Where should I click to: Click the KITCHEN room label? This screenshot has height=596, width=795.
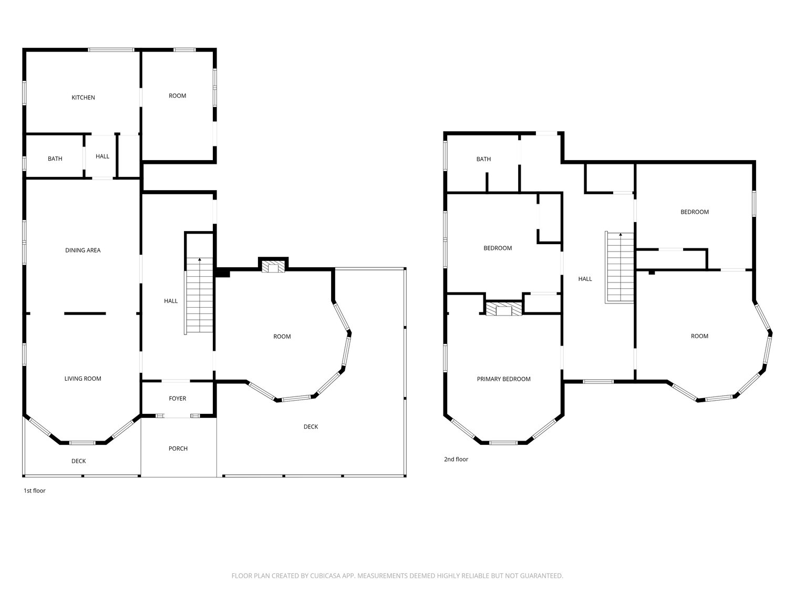84,97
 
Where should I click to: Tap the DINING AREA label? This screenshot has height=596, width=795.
83,250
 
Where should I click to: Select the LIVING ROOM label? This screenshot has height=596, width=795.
83,379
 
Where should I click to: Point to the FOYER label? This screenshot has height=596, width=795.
178,399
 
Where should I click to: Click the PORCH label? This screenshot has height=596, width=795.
178,448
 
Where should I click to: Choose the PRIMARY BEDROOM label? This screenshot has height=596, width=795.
504,379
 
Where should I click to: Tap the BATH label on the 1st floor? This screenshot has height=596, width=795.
55,159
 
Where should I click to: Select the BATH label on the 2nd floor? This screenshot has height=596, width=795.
484,159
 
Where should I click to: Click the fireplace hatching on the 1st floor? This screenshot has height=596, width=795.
273,268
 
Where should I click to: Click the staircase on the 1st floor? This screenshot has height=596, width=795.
199,295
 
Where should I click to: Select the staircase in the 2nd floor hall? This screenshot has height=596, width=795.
620,267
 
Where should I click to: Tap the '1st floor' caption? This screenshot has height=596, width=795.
35,490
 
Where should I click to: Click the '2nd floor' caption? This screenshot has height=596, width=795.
457,459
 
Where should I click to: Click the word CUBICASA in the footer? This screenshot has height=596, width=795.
324,576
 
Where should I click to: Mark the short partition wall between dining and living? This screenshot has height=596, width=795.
85,313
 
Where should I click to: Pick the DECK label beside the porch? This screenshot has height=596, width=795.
311,426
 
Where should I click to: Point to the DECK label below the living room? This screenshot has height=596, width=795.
79,461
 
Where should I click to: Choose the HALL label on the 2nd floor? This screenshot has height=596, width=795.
585,279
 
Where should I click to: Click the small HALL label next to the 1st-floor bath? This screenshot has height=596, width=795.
102,156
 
